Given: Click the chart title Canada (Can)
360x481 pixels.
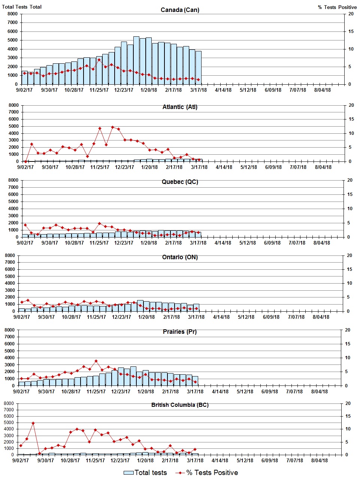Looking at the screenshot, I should (x=180, y=10).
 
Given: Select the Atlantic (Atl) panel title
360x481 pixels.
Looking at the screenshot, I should (x=180, y=107).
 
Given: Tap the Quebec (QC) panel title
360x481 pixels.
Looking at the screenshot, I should (x=180, y=182).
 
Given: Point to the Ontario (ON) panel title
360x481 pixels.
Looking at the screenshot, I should (x=180, y=257).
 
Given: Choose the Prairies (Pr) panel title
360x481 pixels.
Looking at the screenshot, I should (x=180, y=332).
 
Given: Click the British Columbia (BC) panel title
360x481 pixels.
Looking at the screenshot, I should (x=180, y=405).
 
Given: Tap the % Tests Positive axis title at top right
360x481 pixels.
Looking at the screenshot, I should (x=337, y=7).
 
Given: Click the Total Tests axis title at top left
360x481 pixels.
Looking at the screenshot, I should (x=22, y=7).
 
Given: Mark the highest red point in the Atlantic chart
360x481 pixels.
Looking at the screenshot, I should (x=112, y=127).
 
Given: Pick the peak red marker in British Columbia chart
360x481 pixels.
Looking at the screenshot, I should (x=33, y=423).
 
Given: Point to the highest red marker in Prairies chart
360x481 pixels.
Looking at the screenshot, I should (x=96, y=361).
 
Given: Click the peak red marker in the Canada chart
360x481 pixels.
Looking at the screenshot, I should (x=99, y=60).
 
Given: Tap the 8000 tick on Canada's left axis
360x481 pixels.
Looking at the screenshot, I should (x=12, y=14).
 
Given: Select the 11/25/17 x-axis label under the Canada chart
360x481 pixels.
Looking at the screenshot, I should (x=99, y=90).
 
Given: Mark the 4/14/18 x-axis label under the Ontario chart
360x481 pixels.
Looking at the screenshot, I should (x=221, y=317).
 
